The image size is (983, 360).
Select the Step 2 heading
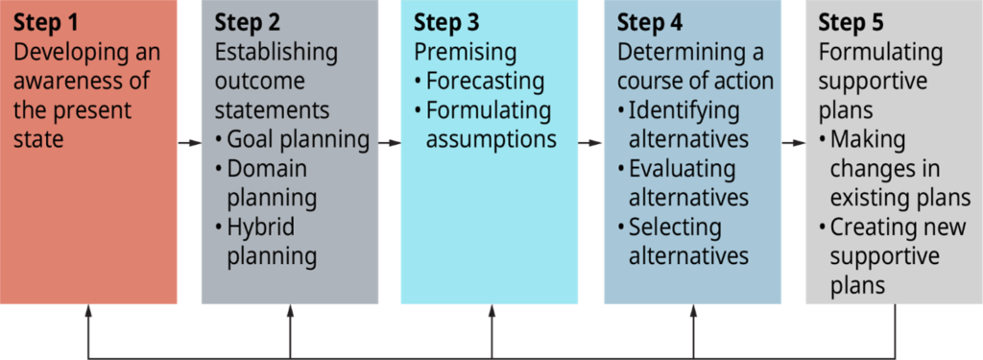click(248, 22)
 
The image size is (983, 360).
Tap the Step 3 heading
click(446, 22)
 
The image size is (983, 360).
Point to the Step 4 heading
click(650, 22)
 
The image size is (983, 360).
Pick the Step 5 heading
click(851, 22)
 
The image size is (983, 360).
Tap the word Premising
click(465, 52)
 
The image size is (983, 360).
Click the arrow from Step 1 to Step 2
click(189, 143)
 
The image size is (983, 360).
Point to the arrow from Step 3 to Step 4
click(590, 143)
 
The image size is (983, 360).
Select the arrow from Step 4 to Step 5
click(794, 143)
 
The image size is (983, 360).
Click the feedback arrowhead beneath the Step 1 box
click(88, 311)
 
